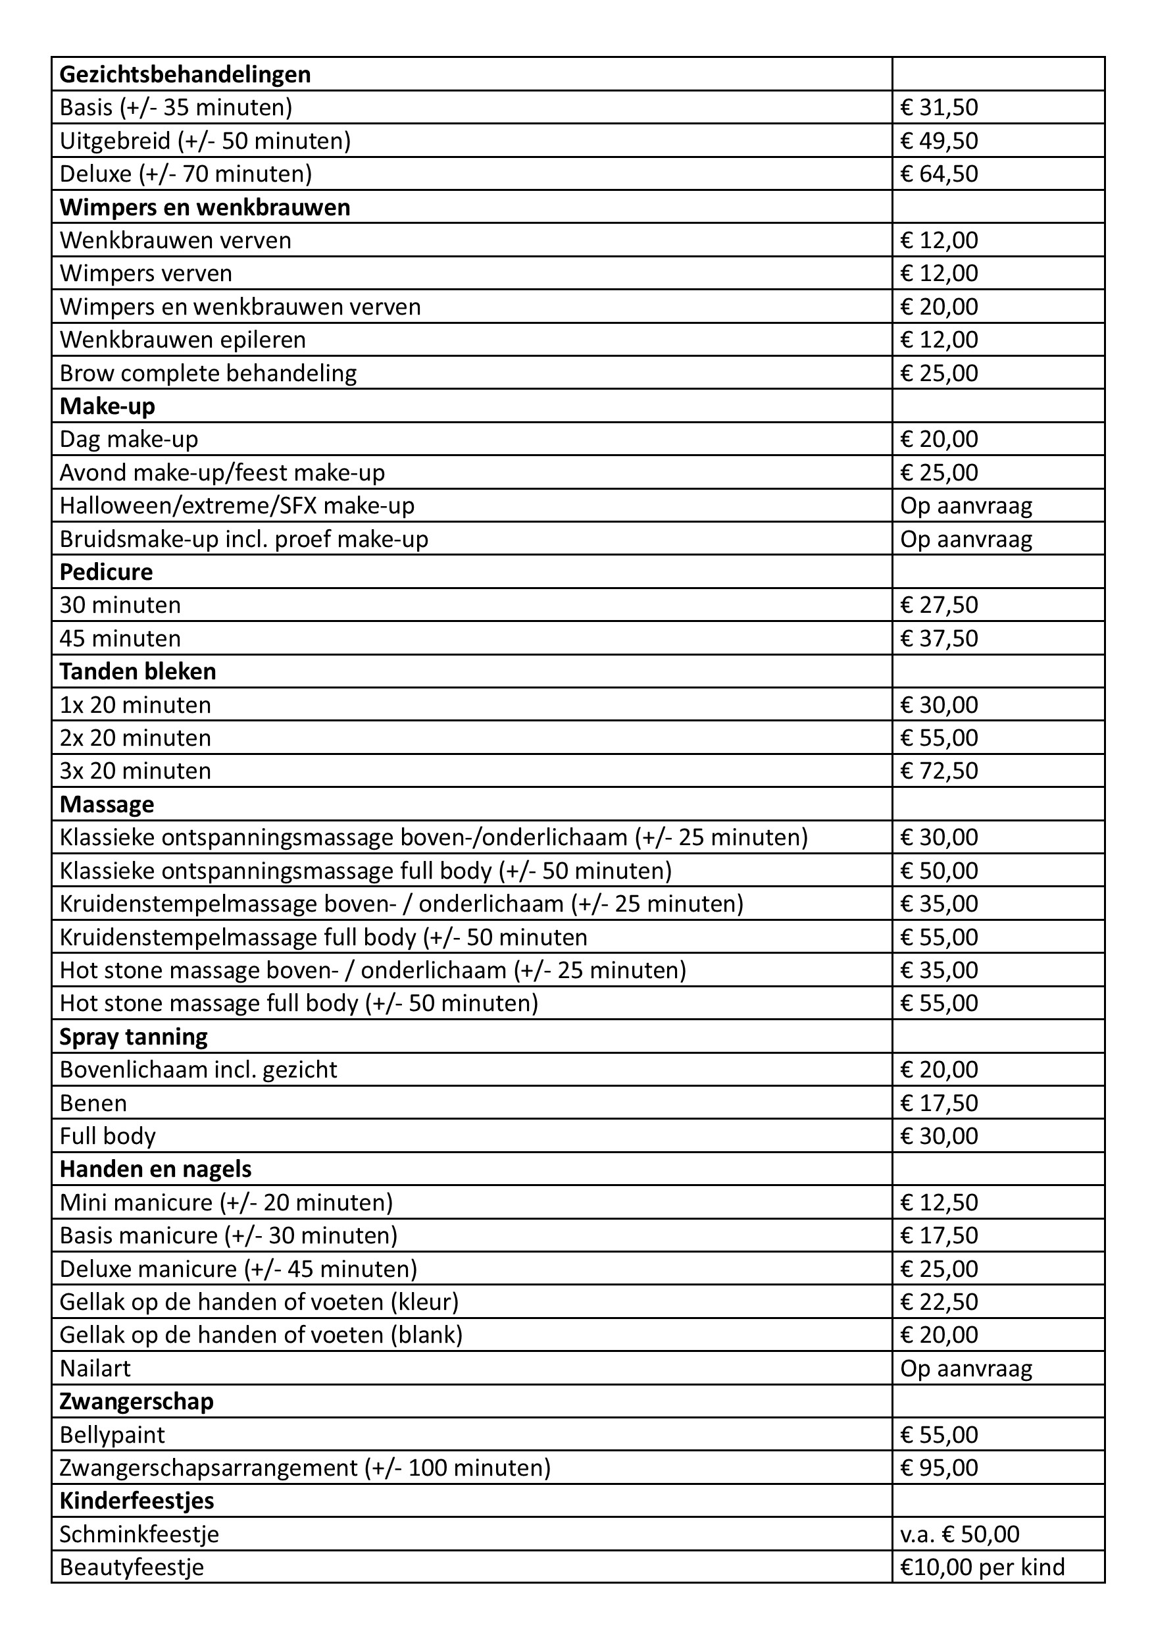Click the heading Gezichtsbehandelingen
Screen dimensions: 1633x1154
tap(185, 74)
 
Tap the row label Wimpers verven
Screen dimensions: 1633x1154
tap(146, 273)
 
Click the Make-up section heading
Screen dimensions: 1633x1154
tap(107, 406)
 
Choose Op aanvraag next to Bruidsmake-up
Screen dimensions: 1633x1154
tap(966, 539)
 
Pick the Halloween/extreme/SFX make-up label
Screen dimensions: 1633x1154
tap(237, 505)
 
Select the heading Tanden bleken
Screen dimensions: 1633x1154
tap(138, 671)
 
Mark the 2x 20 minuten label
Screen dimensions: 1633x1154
tap(135, 738)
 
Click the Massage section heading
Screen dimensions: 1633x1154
tap(107, 804)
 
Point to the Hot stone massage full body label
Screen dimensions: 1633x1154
tap(299, 1003)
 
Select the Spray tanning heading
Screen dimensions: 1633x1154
tap(134, 1037)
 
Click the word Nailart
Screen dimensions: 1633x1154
tap(95, 1368)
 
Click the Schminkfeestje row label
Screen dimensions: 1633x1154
tap(139, 1534)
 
